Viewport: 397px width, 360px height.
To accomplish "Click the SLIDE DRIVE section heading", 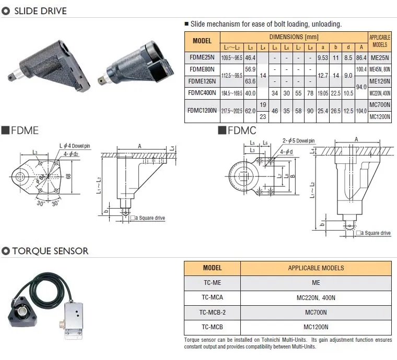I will coord(39,10).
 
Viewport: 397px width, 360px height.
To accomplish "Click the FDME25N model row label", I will coord(202,57).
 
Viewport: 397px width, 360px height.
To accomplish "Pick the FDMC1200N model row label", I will coord(202,111).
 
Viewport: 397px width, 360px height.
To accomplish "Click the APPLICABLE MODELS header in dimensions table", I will coord(380,41).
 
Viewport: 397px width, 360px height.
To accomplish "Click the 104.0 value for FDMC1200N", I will coord(360,111).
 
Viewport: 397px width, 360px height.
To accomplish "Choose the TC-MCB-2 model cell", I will coord(212,313).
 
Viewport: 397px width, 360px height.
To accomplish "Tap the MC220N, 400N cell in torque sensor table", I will coord(316,298).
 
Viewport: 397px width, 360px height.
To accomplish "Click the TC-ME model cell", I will coord(212,283).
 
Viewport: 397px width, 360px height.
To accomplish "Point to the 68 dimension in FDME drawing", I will coord(67,176).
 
